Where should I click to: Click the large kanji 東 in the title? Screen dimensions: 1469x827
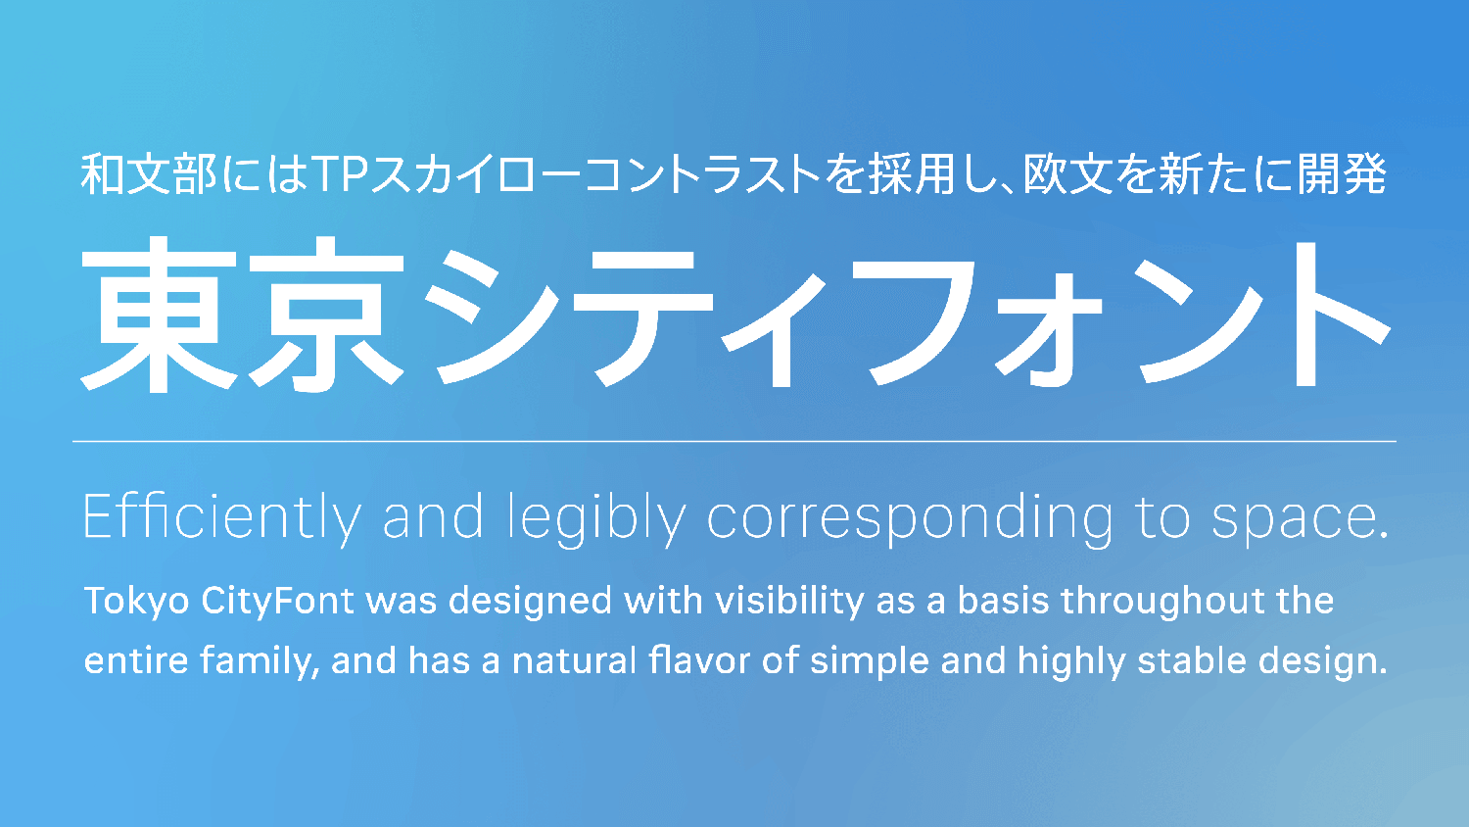click(159, 314)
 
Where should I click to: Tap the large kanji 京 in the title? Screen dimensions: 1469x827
click(326, 314)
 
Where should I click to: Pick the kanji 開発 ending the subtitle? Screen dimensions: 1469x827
click(1343, 174)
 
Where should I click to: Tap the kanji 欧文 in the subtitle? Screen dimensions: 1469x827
click(1068, 174)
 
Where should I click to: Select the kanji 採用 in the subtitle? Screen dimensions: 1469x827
click(912, 174)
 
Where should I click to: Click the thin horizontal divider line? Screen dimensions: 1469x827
click(734, 442)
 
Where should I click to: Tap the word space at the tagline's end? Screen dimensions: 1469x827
click(1292, 522)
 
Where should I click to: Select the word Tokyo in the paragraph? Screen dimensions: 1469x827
click(137, 602)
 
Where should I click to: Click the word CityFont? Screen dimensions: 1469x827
click(278, 602)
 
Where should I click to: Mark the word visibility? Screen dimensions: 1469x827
click(789, 602)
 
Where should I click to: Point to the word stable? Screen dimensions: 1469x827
click(1192, 660)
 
